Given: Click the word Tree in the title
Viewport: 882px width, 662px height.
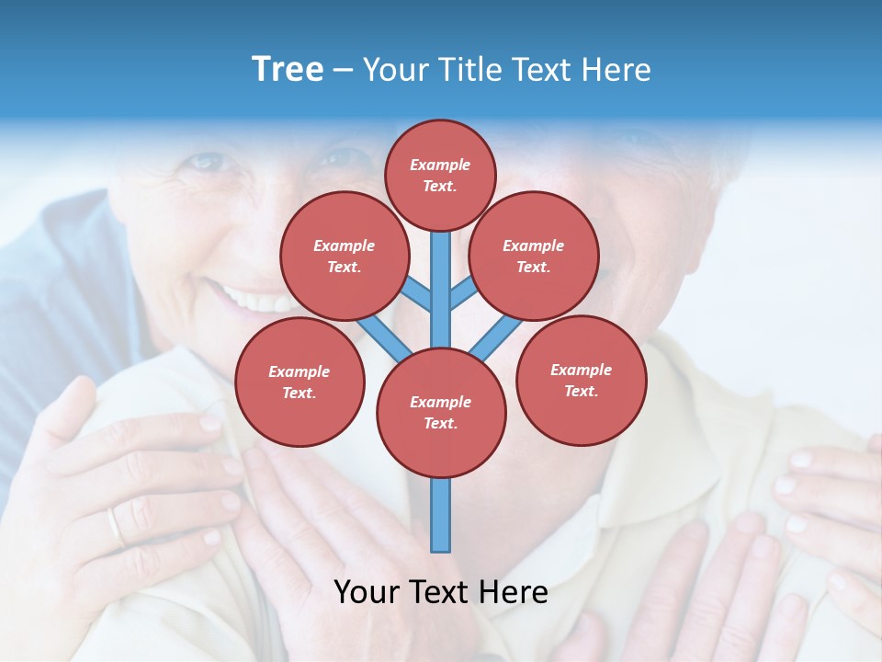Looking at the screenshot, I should coord(288,70).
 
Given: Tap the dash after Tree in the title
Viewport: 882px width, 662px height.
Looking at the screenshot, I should coord(343,71).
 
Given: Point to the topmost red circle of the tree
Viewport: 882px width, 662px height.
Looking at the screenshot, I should coord(440,175).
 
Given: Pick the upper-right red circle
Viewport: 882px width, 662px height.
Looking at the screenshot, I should coord(534,256).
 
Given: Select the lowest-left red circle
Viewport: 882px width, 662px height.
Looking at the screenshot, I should coord(300,382).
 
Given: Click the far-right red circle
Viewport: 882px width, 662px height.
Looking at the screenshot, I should coord(581,380).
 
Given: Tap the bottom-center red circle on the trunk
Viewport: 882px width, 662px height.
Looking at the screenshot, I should coord(441,413).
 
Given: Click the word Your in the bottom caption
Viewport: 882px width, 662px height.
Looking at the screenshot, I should coord(366,592).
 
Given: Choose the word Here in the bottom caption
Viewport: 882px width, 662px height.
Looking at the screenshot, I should coord(513,592).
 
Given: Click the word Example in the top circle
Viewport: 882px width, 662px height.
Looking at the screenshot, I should coord(440,165).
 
